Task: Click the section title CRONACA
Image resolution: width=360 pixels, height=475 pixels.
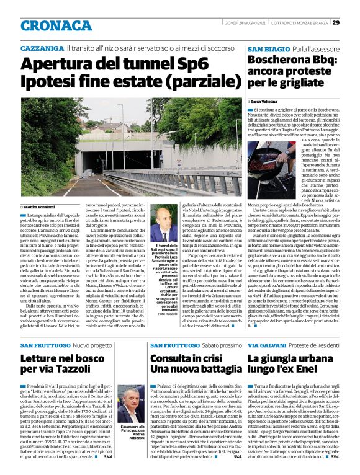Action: pos(51,24)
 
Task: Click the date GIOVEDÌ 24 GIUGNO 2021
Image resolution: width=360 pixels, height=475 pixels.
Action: pos(248,23)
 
